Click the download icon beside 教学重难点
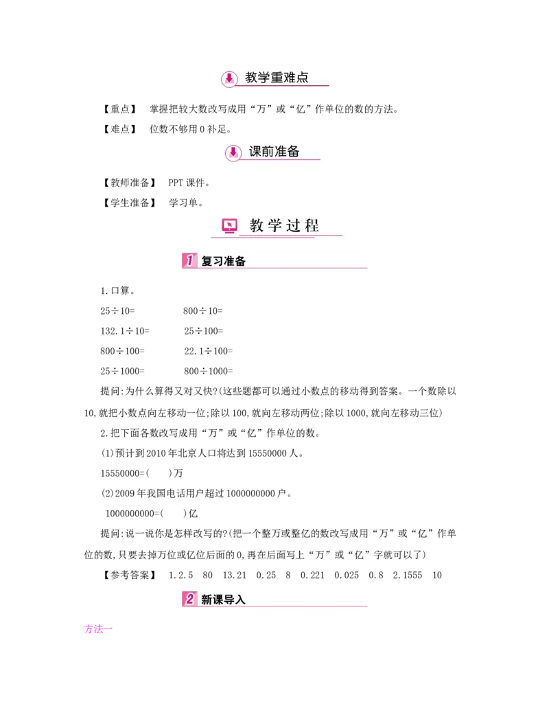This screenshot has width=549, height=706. (231, 78)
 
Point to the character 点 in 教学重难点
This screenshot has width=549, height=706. (303, 78)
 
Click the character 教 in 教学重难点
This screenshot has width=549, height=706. (252, 78)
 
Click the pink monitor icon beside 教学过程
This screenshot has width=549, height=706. (229, 225)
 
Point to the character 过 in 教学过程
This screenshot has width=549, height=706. (292, 225)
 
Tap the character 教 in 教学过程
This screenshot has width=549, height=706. (257, 225)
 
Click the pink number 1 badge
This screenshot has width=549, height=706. (189, 261)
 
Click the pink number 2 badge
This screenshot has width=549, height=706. (189, 599)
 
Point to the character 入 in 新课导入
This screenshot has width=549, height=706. (240, 600)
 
